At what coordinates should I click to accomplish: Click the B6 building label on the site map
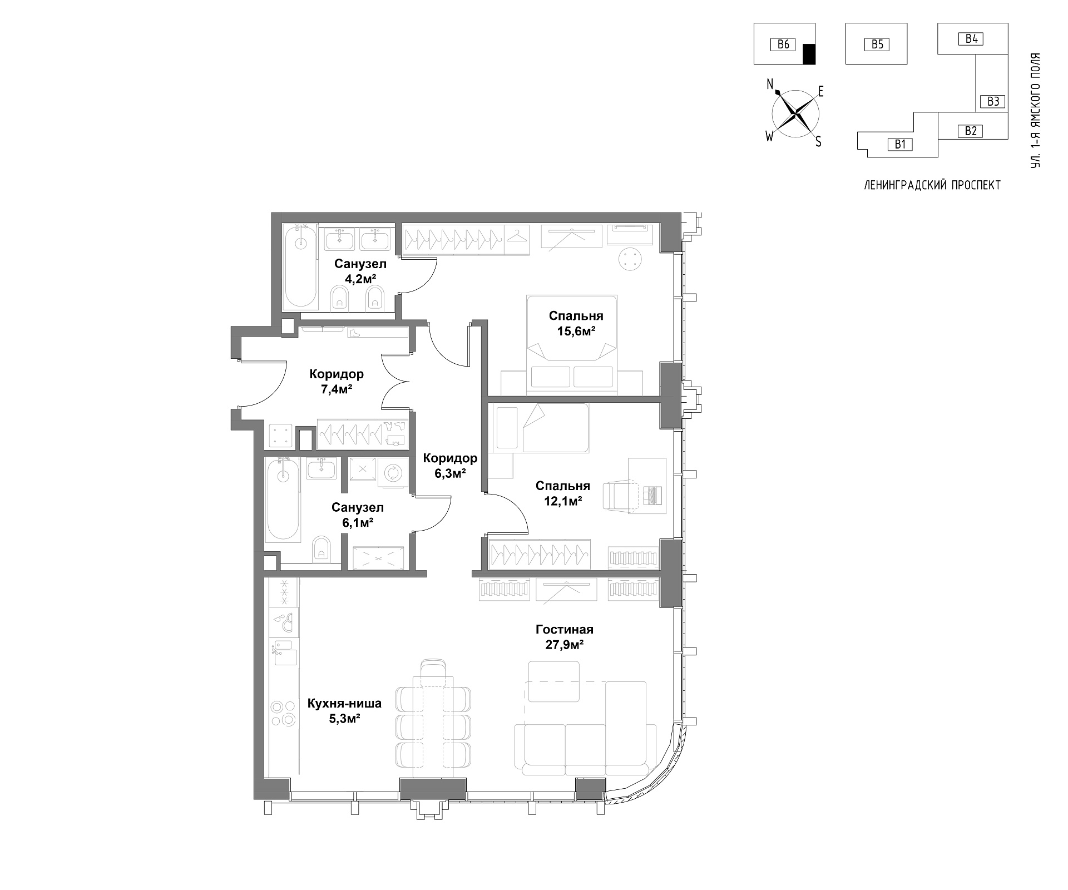click(x=783, y=44)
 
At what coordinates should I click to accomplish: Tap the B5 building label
click(x=877, y=44)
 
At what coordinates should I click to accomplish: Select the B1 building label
click(x=900, y=145)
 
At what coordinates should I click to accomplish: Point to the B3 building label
click(x=993, y=101)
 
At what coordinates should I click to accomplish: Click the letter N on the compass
click(x=770, y=84)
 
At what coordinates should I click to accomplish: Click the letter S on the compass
click(x=818, y=142)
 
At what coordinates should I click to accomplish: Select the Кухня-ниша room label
click(x=344, y=703)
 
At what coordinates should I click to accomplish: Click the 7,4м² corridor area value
click(x=337, y=389)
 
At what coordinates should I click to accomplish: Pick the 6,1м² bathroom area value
click(x=358, y=522)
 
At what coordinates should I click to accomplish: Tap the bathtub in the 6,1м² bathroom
click(x=283, y=499)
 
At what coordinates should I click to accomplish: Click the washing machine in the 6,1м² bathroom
click(x=393, y=473)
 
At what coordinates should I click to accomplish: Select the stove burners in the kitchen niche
click(x=283, y=713)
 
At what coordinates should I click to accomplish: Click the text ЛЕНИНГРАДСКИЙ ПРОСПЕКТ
click(x=932, y=185)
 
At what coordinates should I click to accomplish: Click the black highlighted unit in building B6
click(x=809, y=54)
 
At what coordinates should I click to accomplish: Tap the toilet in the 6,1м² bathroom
click(x=321, y=547)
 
